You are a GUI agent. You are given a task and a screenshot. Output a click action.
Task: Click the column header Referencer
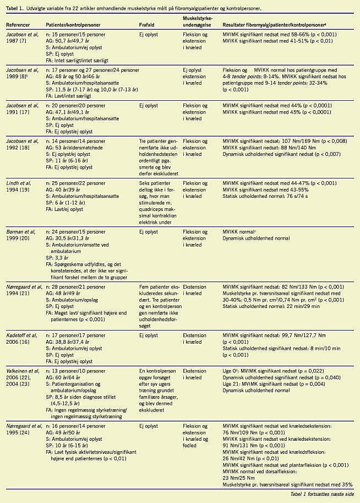[x=18, y=25]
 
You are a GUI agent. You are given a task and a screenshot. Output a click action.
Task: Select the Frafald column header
[x=149, y=25]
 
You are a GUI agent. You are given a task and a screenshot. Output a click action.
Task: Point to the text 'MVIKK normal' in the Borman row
[x=241, y=232]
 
